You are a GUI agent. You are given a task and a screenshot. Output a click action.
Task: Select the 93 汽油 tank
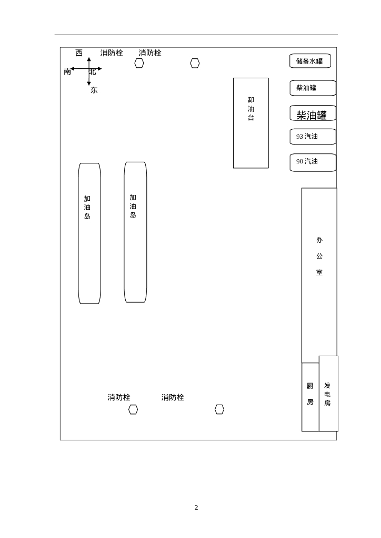[x=313, y=137]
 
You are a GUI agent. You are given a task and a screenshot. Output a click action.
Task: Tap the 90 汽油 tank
[x=313, y=162]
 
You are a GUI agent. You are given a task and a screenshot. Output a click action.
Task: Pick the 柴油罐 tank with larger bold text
[x=312, y=114]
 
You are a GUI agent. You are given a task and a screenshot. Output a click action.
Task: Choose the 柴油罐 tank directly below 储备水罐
[x=313, y=88]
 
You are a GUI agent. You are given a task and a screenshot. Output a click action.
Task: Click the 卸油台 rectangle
[x=251, y=123]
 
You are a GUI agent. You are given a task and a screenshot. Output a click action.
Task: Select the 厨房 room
[x=310, y=397]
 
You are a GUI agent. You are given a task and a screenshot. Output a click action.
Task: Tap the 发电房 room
[x=328, y=394]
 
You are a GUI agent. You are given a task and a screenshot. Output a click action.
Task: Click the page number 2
[x=196, y=508]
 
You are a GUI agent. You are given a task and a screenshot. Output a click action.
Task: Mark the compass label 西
[x=79, y=53]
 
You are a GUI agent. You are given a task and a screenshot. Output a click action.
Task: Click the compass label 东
[x=94, y=90]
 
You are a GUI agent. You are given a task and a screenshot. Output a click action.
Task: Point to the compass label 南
[x=67, y=72]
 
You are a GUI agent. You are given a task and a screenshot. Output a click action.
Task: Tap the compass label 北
[x=93, y=71]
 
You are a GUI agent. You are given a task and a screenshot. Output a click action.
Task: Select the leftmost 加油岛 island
[x=89, y=233]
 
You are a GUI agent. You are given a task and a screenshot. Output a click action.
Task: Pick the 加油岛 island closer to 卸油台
[x=135, y=232]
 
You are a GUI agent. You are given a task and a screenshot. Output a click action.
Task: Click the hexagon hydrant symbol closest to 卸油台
[x=195, y=63]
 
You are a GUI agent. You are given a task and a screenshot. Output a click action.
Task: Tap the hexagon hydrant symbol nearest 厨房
[x=219, y=409]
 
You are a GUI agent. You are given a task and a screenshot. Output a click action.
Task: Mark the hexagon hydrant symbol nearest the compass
[x=139, y=63]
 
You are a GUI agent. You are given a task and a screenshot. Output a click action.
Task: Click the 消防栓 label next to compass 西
[x=112, y=53]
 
